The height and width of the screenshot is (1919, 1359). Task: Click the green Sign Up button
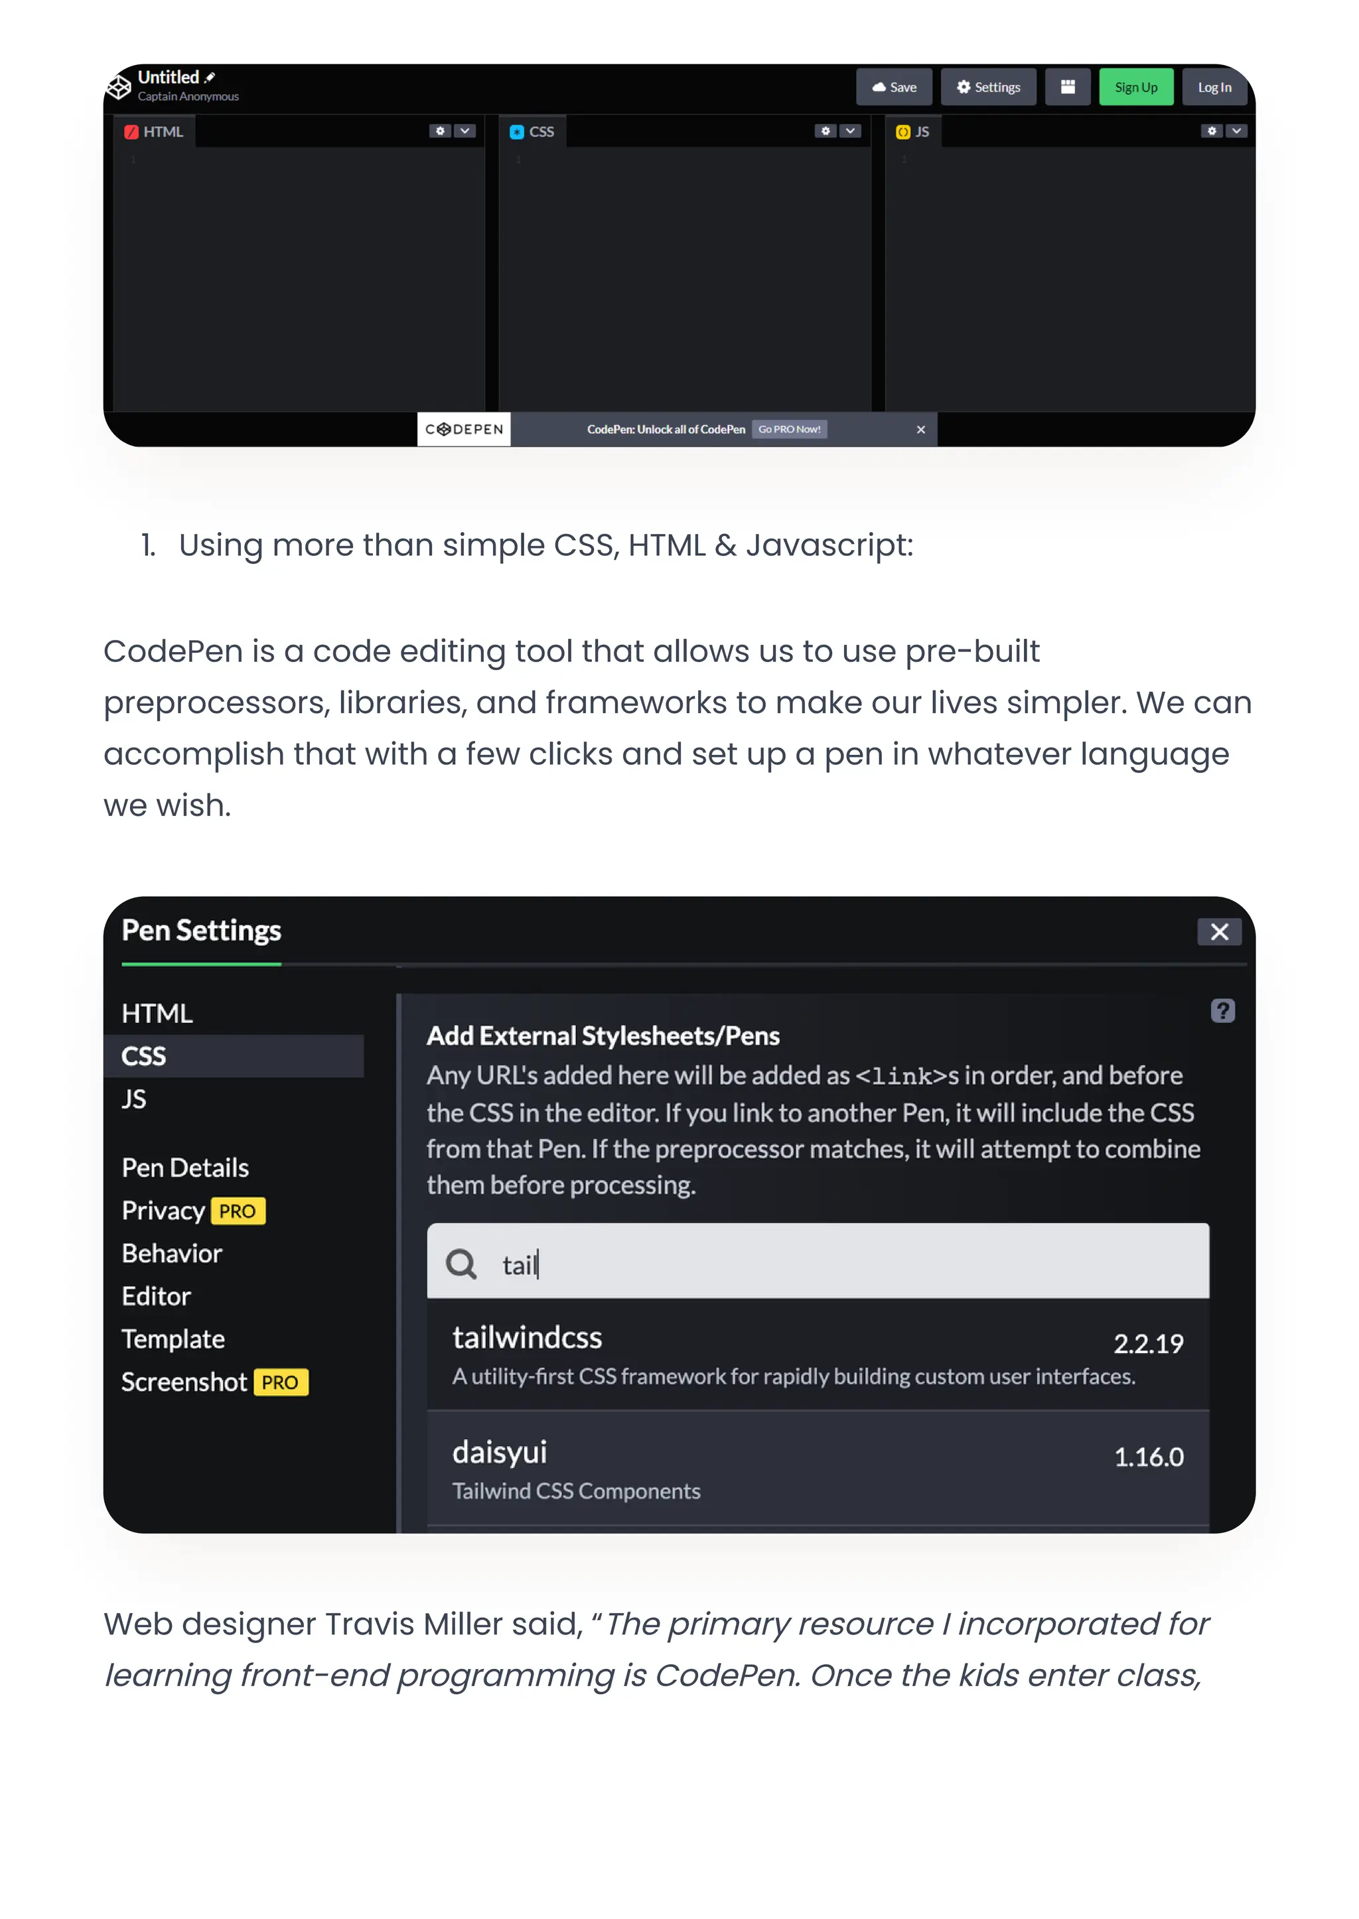[1135, 87]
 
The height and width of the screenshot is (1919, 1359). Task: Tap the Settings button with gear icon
[987, 87]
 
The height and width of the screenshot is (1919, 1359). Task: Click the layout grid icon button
[1067, 87]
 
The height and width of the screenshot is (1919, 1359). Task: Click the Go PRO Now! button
[788, 429]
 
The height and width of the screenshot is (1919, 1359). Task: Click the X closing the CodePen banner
[920, 429]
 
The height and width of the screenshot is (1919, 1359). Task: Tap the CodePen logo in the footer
[464, 429]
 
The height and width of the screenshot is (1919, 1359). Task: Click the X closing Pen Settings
[1218, 931]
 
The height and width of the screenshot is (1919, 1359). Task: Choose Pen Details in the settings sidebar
[185, 1168]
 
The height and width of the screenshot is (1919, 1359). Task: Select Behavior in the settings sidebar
[172, 1253]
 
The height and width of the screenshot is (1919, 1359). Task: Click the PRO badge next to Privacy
[238, 1211]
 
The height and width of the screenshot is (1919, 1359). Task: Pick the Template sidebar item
[173, 1339]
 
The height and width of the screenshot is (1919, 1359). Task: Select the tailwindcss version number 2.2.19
[1147, 1343]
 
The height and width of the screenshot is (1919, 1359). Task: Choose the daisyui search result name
[500, 1452]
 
